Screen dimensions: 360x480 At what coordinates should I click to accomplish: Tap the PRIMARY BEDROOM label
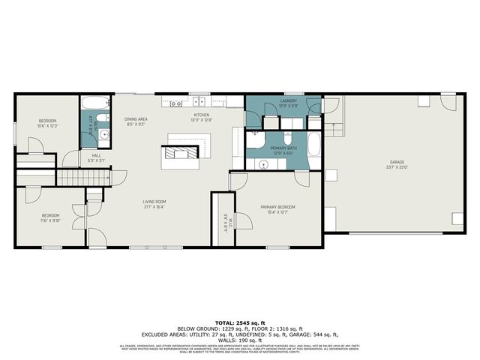(277, 207)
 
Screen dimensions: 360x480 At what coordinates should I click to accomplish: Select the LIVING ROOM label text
(154, 201)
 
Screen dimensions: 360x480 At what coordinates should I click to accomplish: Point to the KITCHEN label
(202, 115)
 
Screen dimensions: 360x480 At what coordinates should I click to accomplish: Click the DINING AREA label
(136, 118)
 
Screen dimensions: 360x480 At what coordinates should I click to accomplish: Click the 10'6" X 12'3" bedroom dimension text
(47, 125)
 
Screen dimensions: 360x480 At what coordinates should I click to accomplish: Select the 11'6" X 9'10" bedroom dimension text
(50, 220)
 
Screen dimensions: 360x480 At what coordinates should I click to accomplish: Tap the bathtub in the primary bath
(313, 143)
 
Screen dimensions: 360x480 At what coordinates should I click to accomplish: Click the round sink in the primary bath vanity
(264, 163)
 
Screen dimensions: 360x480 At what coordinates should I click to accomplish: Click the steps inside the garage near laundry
(334, 127)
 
